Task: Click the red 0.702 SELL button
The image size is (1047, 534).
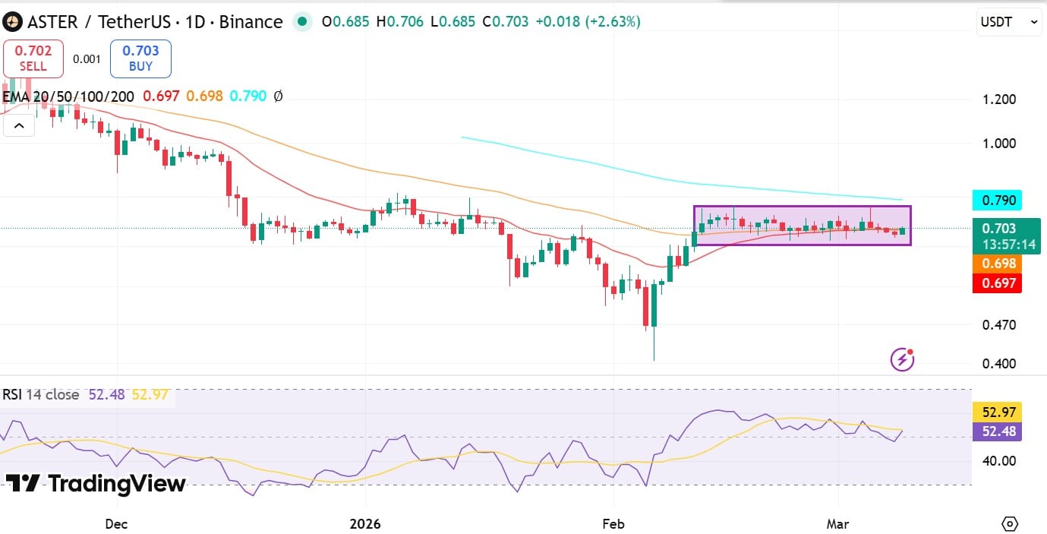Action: [x=34, y=58]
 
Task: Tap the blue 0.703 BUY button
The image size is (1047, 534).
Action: [x=140, y=58]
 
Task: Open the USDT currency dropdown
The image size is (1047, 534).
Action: [x=1008, y=23]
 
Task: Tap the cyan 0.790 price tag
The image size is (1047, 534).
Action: [x=997, y=201]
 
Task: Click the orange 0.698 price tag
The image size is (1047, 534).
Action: [x=997, y=264]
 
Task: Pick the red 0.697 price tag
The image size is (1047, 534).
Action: [x=997, y=283]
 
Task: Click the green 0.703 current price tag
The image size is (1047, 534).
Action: [x=1008, y=235]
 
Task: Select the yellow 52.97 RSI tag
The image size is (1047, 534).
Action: [x=997, y=412]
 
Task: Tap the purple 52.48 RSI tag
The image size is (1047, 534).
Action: [x=997, y=431]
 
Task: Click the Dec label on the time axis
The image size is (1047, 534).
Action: [x=117, y=524]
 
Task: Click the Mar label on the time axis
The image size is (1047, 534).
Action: [x=838, y=524]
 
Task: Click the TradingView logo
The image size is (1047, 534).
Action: [x=96, y=484]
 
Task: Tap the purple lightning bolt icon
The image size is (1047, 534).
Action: [x=902, y=359]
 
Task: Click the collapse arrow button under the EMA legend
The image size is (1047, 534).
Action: [x=18, y=125]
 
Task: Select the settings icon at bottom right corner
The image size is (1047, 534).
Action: [x=1009, y=523]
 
